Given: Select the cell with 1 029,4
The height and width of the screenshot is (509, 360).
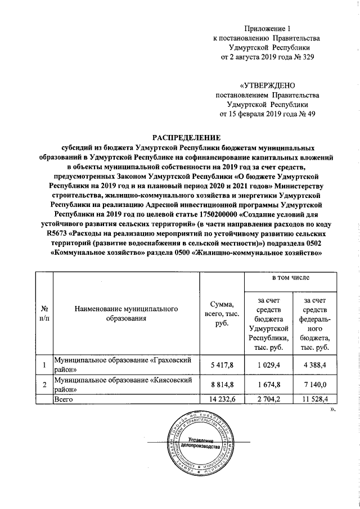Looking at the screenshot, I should coord(269,366).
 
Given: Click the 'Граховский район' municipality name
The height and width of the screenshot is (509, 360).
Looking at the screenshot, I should coord(123,365).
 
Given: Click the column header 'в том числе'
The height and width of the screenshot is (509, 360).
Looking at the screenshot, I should coord(291,278).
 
